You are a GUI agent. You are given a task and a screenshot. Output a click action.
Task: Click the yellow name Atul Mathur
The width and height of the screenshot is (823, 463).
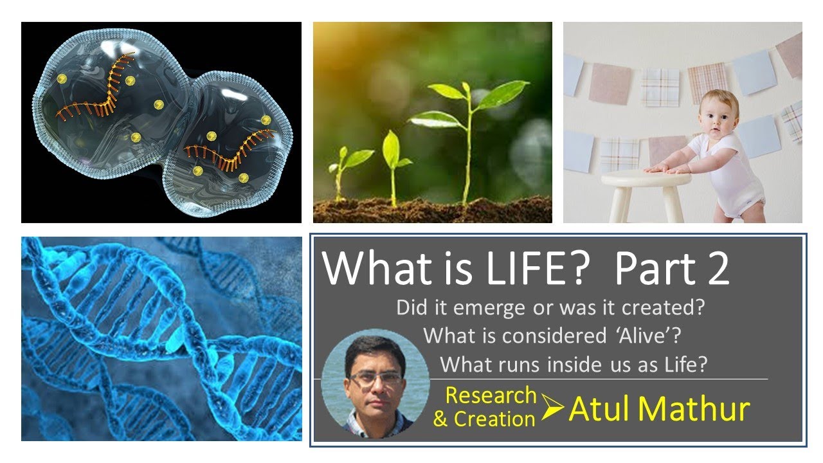click(x=659, y=409)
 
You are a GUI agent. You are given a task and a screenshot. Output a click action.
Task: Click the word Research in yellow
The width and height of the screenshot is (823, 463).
click(x=491, y=395)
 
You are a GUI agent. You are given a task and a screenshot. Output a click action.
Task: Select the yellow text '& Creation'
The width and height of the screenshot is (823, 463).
click(x=484, y=419)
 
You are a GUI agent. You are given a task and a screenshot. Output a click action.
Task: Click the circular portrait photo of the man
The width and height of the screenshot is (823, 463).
click(x=375, y=383)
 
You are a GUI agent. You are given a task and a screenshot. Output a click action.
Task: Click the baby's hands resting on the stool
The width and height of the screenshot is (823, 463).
click(x=669, y=167)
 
